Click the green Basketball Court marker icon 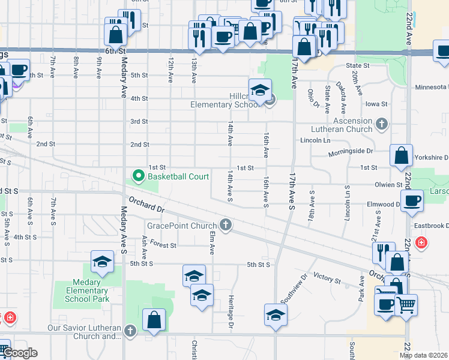pyautogui.click(x=139, y=176)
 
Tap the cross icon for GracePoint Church pyautogui.click(x=226, y=226)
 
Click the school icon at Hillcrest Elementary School pyautogui.click(x=260, y=90)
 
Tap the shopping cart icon pyautogui.click(x=406, y=305)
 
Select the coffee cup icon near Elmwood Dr pyautogui.click(x=412, y=200)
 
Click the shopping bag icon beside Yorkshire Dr pyautogui.click(x=401, y=155)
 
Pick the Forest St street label pyautogui.click(x=163, y=245)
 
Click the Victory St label pyautogui.click(x=327, y=280)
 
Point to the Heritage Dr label pyautogui.click(x=231, y=312)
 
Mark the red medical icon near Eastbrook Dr pyautogui.click(x=421, y=243)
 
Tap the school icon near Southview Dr pyautogui.click(x=276, y=314)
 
